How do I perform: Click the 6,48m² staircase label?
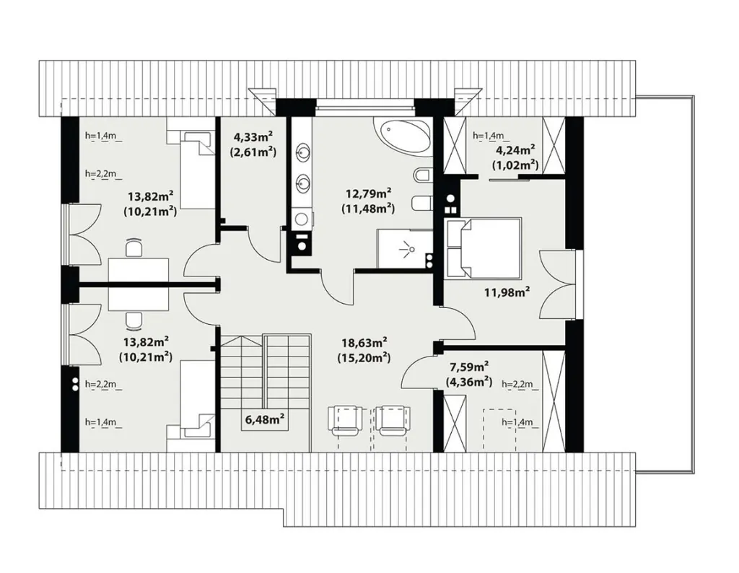[x=264, y=419]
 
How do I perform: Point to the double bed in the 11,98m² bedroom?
[x=484, y=248]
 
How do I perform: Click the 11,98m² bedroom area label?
[x=507, y=292]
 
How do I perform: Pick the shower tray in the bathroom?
[x=404, y=249]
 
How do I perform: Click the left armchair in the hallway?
[x=346, y=421]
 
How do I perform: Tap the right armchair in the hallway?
[x=393, y=421]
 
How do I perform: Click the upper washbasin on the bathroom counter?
[x=302, y=152]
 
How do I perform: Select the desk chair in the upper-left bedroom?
[x=134, y=246]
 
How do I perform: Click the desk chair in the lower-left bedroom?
[x=134, y=321]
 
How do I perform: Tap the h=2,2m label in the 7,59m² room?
[x=517, y=385]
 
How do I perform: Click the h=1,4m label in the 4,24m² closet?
[x=489, y=136]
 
